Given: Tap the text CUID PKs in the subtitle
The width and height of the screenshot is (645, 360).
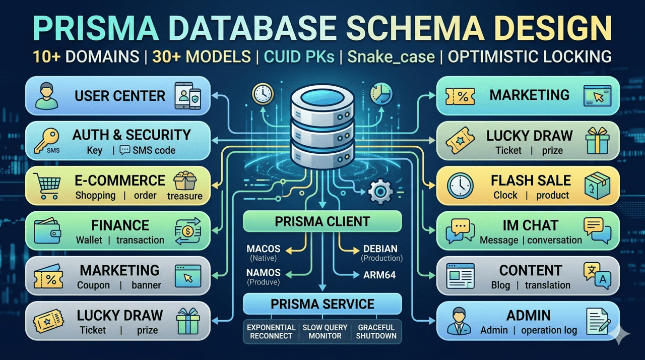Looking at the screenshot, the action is [299, 56].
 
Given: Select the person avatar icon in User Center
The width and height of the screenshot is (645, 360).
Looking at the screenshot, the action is [46, 96].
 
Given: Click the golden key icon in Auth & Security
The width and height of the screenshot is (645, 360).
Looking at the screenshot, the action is [46, 141].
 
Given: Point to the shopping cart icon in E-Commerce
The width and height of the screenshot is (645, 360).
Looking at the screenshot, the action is [47, 186].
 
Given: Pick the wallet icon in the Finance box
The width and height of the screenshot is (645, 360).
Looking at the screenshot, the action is [47, 231].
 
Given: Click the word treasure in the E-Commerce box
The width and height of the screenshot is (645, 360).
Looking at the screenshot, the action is [185, 196].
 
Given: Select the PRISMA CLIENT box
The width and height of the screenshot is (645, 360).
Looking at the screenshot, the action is [322, 221].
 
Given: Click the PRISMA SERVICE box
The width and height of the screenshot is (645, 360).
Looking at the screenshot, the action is [322, 304].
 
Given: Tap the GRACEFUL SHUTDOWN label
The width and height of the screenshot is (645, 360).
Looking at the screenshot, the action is [376, 331].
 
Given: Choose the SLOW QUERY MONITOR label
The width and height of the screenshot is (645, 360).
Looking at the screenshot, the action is [325, 331].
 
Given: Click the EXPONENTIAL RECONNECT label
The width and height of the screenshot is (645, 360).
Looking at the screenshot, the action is [271, 331].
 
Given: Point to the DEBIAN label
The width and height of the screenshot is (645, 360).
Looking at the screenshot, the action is [380, 249].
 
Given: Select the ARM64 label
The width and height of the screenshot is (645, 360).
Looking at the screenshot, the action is [379, 275].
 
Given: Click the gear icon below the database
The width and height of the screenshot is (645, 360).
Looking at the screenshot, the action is [380, 191].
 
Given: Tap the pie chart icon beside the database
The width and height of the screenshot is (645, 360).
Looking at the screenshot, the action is [381, 94].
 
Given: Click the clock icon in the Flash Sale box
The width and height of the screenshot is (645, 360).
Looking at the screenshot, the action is [460, 186].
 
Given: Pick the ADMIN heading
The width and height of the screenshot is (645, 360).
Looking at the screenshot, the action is [529, 315].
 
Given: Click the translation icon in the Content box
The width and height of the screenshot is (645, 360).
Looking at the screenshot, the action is [597, 276].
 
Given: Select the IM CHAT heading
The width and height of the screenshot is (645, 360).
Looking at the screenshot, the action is [531, 225].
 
